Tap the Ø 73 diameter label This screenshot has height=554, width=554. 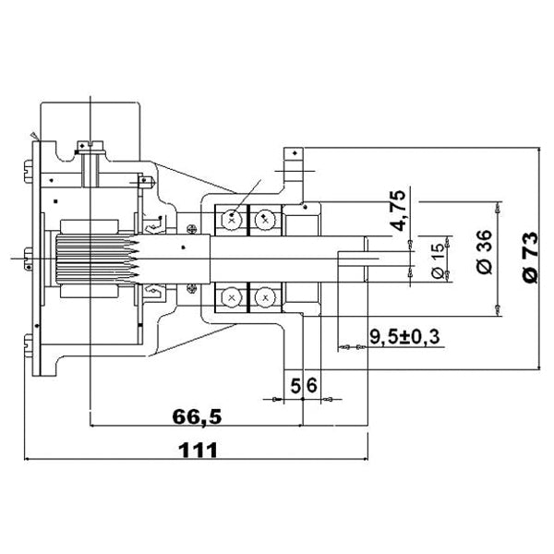(x=529, y=258)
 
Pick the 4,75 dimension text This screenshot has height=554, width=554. (x=398, y=212)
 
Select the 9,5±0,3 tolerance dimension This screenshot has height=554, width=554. (x=403, y=336)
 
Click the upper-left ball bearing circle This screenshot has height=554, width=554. (x=231, y=220)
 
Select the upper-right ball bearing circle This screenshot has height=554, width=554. (x=266, y=220)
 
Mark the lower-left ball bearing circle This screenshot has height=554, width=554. (x=231, y=297)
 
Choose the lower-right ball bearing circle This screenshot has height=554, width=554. (x=266, y=297)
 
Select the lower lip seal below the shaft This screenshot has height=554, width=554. (x=153, y=295)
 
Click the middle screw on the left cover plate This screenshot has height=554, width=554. (x=24, y=259)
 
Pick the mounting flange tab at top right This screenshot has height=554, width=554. (x=294, y=163)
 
